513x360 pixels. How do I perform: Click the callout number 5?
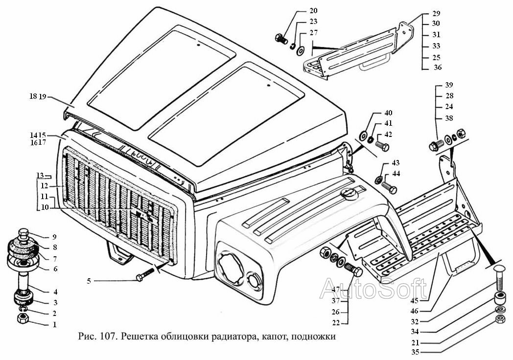pyautogui.click(x=89, y=281)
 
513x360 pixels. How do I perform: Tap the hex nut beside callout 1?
pyautogui.click(x=23, y=319)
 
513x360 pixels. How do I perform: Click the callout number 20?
pyautogui.click(x=313, y=11)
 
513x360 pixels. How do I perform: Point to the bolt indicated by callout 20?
pyautogui.click(x=281, y=39)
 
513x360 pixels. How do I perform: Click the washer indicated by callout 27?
pyautogui.click(x=300, y=48)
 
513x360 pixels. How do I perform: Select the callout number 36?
pyautogui.click(x=438, y=67)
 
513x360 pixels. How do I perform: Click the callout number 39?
pyautogui.click(x=449, y=85)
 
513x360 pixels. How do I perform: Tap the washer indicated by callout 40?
pyautogui.click(x=363, y=135)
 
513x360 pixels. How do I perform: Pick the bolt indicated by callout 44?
pyautogui.click(x=389, y=187)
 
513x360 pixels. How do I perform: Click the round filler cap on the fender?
pyautogui.click(x=349, y=195)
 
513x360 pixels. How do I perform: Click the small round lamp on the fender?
pyautogui.click(x=255, y=281)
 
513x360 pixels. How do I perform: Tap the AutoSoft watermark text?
pyautogui.click(x=373, y=289)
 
